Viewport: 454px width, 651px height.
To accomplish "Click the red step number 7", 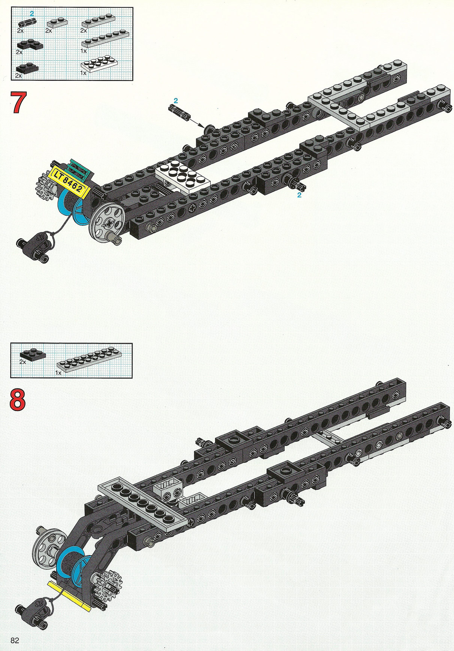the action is [x=18, y=102].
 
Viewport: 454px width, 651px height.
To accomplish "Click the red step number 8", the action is [x=18, y=400].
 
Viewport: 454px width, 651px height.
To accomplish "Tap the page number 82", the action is [x=15, y=640].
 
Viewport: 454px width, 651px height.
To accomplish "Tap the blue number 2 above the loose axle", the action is [x=176, y=100].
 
